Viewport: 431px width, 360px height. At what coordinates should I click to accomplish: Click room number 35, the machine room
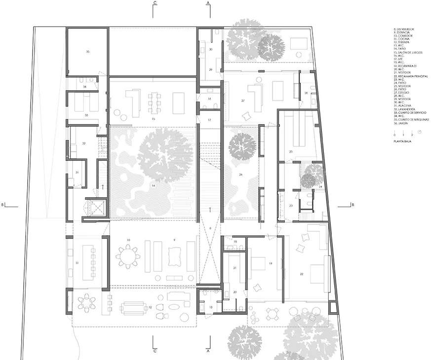87,51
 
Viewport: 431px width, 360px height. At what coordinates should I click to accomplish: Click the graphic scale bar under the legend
404,132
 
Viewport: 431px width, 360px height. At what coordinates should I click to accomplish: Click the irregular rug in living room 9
175,256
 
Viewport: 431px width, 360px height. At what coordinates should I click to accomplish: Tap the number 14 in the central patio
154,185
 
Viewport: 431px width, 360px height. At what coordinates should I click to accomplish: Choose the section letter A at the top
208,3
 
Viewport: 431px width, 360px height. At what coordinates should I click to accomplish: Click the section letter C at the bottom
155,351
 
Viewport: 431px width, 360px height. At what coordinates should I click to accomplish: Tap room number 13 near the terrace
211,307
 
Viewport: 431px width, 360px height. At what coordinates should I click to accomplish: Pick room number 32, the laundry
84,144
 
